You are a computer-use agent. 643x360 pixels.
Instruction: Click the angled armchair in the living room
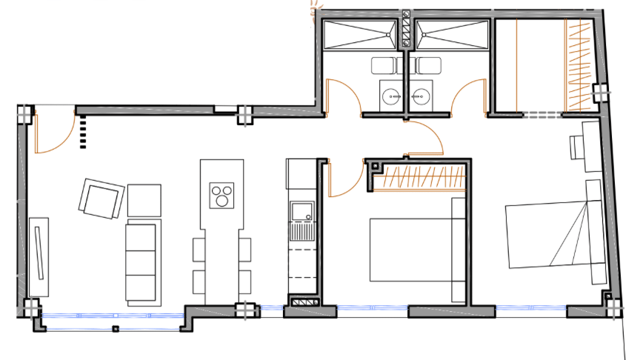coord(100,199)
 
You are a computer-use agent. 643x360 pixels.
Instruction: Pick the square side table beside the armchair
coord(144,199)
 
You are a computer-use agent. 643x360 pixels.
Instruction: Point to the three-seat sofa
coord(141,262)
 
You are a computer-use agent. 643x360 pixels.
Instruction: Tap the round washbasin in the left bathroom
coord(390,96)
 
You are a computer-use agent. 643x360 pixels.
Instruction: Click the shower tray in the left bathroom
coord(362,35)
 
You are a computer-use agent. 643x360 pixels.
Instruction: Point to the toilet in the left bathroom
coord(383,65)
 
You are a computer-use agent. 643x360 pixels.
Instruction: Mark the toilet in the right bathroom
coord(427,65)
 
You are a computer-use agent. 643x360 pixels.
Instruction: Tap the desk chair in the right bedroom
coord(577,147)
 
